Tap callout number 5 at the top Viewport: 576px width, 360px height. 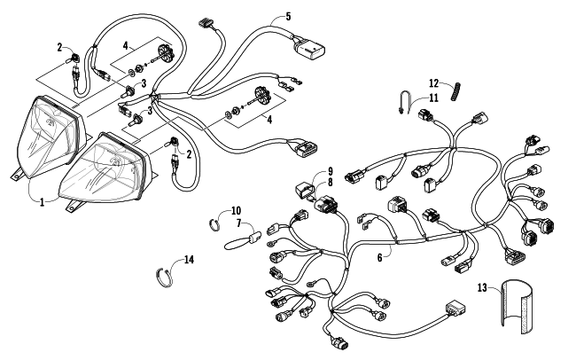pyautogui.click(x=288, y=16)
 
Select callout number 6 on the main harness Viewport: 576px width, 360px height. pyautogui.click(x=379, y=257)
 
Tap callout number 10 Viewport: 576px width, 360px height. pyautogui.click(x=236, y=210)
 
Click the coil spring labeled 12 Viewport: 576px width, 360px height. pyautogui.click(x=457, y=89)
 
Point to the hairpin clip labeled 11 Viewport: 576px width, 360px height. pyautogui.click(x=407, y=100)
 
